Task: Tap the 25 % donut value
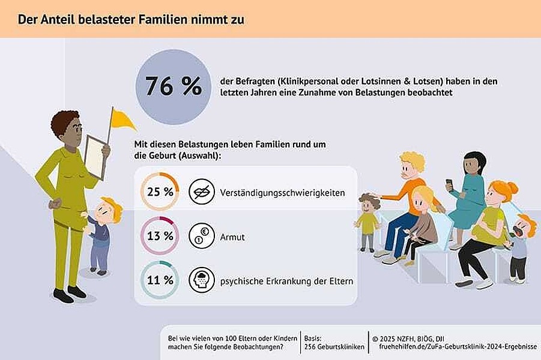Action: tap(160, 192)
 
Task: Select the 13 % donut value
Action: tap(160, 236)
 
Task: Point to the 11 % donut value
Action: tap(160, 280)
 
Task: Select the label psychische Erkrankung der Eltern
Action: tap(286, 281)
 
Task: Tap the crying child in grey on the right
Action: tap(520, 246)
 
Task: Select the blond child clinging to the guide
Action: tap(103, 231)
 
